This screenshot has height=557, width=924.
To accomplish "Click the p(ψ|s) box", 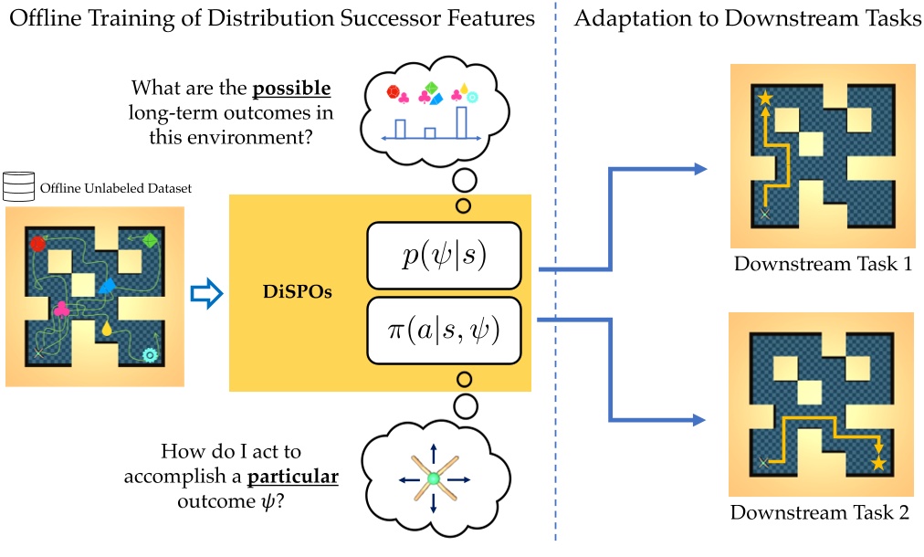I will coord(443,254).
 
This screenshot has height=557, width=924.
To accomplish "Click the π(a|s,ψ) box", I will coord(443,329).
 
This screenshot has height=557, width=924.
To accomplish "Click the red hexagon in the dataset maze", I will coord(37,243).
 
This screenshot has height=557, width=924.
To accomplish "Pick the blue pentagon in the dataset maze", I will coord(107,287).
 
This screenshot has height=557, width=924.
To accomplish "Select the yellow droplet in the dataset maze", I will coord(108,328).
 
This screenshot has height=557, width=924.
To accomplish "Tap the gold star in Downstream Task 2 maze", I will coord(878,464).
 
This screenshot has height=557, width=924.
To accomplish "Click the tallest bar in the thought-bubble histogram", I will coord(462,121).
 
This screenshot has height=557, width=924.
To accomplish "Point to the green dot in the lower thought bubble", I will coord(434,478).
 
